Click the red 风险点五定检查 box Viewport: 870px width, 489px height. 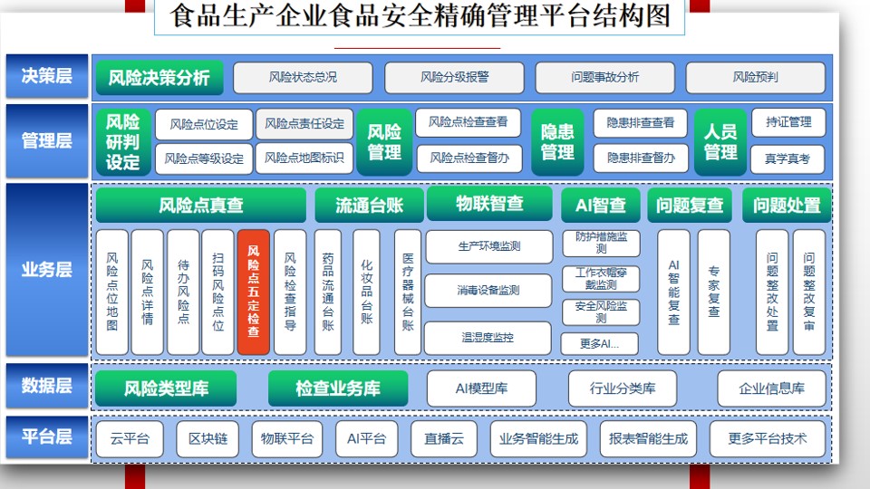click(x=254, y=292)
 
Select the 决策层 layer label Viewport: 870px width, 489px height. click(x=47, y=76)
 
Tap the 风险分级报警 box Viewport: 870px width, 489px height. click(x=454, y=78)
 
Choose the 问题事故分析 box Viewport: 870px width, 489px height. click(x=604, y=78)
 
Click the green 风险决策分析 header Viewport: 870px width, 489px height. click(x=159, y=78)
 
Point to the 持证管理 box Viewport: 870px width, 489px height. click(x=788, y=122)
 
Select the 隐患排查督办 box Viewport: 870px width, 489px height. click(x=641, y=158)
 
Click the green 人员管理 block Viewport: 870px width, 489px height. click(x=720, y=142)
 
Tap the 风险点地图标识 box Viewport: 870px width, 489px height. click(x=304, y=158)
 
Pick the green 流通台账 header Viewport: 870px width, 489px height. click(x=369, y=206)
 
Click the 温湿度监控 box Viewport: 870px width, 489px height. click(x=488, y=338)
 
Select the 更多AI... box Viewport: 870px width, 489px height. click(x=600, y=344)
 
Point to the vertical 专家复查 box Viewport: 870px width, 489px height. click(x=713, y=292)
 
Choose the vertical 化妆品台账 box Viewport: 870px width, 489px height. click(x=366, y=292)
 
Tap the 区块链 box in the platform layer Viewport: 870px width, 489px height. click(x=208, y=439)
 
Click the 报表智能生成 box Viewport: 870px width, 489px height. click(x=648, y=439)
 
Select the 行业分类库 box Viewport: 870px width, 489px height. click(x=623, y=388)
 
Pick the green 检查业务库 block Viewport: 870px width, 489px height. click(x=338, y=388)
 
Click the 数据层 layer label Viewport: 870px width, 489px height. click(x=47, y=386)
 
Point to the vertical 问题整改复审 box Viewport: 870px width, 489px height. click(x=809, y=292)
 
